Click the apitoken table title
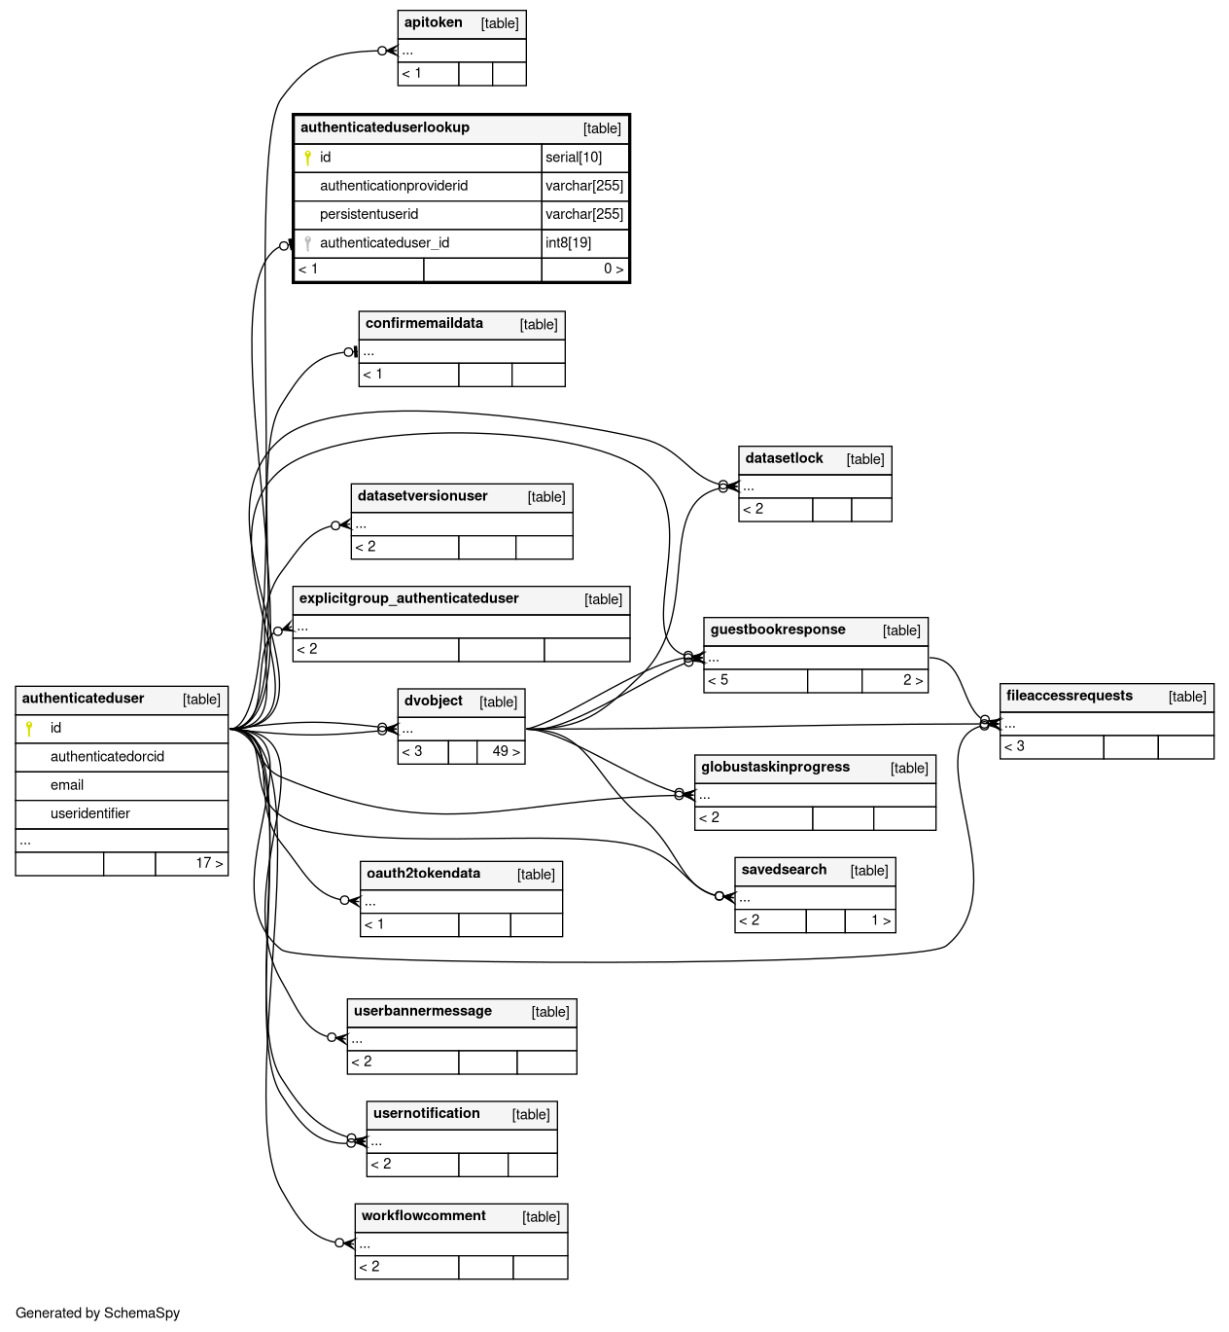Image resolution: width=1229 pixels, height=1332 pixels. coord(433,22)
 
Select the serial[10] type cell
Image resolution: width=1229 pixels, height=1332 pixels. coord(574,158)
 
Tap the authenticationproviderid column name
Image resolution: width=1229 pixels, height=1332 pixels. coord(394,186)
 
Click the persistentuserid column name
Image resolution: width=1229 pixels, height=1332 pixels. coord(369,214)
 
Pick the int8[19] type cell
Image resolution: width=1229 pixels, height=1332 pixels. coord(568,243)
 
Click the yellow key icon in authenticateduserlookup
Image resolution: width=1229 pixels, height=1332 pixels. coord(308,158)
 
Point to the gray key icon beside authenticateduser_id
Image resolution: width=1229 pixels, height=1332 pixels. coord(308,243)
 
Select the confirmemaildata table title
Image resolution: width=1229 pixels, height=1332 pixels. coord(424,323)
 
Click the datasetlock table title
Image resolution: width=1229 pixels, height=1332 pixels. coord(784,458)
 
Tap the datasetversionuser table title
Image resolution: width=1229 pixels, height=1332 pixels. coord(422,495)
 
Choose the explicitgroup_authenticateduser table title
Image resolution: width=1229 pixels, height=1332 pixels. coord(409,598)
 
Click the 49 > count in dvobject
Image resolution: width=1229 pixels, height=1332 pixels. coord(507,751)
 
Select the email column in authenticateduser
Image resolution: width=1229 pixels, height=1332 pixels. coord(67,785)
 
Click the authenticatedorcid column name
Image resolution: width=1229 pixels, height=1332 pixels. coord(107,757)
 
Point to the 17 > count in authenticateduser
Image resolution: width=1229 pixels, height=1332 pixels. coord(209,863)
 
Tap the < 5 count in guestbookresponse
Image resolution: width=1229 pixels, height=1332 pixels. coord(719,680)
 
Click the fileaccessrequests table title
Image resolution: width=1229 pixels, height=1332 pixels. coord(1070,696)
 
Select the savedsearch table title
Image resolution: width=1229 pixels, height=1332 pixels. coord(784,869)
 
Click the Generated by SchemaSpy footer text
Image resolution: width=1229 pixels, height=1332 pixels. coord(98,1314)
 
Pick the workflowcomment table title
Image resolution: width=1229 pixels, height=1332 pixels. coord(424,1215)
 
